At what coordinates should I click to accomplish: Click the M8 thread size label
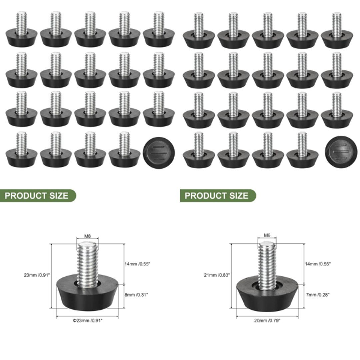pos(87,236)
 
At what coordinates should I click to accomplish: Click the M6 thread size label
pos(267,235)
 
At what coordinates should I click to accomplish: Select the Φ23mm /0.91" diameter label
pos(88,321)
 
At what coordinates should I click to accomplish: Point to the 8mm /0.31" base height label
pos(136,295)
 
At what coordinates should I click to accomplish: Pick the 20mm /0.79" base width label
pos(267,320)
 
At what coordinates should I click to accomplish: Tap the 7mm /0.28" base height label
pos(317,295)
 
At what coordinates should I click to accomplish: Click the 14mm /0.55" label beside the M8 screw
pos(137,264)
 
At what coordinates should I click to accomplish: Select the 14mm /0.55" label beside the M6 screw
pos(317,264)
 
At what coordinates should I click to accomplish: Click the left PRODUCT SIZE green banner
pos(37,196)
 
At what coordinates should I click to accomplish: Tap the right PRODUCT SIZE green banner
pos(217,196)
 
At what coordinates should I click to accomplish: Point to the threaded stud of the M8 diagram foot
pos(87,263)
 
